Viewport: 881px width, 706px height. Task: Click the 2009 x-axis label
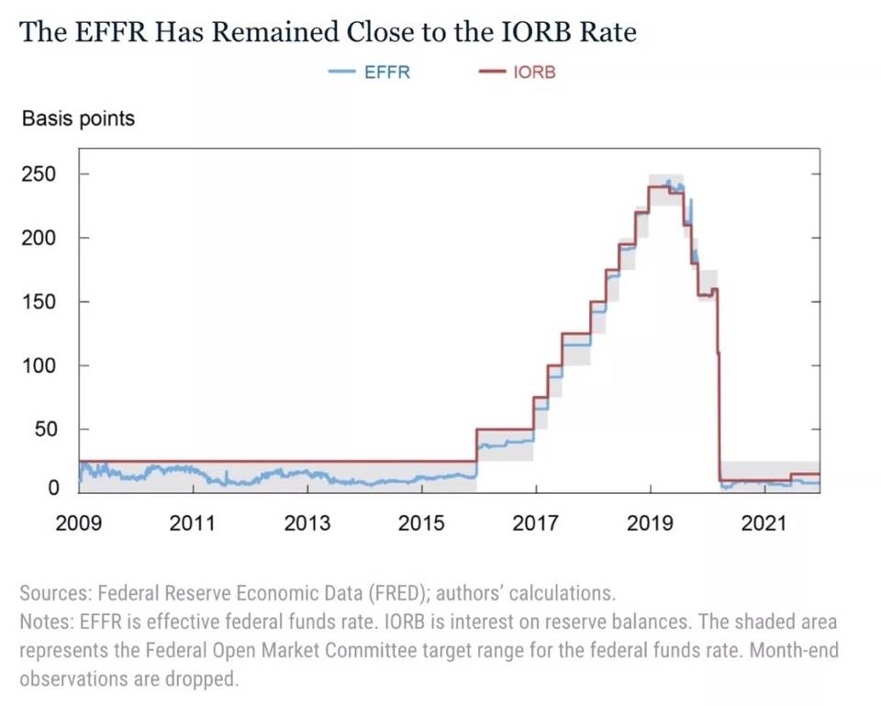pyautogui.click(x=79, y=524)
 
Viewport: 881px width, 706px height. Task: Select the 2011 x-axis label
pyautogui.click(x=193, y=524)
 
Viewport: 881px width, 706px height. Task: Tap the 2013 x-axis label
pyautogui.click(x=307, y=524)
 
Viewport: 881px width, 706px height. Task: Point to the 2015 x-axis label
pyautogui.click(x=421, y=524)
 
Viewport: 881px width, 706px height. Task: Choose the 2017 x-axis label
pyautogui.click(x=535, y=524)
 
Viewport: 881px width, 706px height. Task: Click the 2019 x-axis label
pyautogui.click(x=650, y=524)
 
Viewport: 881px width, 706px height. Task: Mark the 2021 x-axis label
pyautogui.click(x=764, y=524)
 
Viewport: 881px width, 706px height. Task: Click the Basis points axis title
pyautogui.click(x=78, y=118)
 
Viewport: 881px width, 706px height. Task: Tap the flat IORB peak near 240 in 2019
pyautogui.click(x=658, y=187)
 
